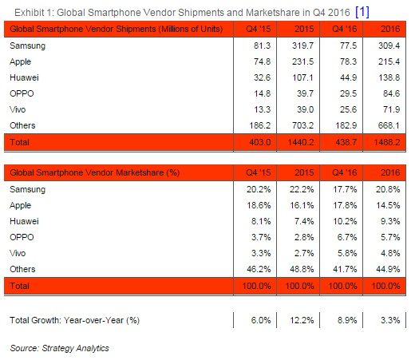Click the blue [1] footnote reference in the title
pos(362,12)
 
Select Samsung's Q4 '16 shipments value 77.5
pos(348,45)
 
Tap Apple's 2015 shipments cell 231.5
pos(303,61)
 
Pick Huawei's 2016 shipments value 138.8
pos(389,77)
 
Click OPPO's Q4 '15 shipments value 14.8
pos(262,93)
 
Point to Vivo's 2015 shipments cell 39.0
pos(305,109)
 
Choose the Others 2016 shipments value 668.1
pos(389,125)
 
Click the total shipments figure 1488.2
pos(387,142)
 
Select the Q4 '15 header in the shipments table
pos(259,29)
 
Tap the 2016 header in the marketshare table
pos(390,172)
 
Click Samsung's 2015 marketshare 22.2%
pos(302,189)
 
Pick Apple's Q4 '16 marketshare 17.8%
pos(345,205)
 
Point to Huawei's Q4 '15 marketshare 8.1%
pos(261,221)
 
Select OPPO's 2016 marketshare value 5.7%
pos(390,237)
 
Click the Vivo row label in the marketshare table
pos(18,253)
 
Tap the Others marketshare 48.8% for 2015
pos(302,269)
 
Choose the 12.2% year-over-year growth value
pos(302,320)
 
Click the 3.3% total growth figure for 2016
pos(390,320)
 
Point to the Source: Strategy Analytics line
pos(59,348)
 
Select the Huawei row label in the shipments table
pos(24,77)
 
